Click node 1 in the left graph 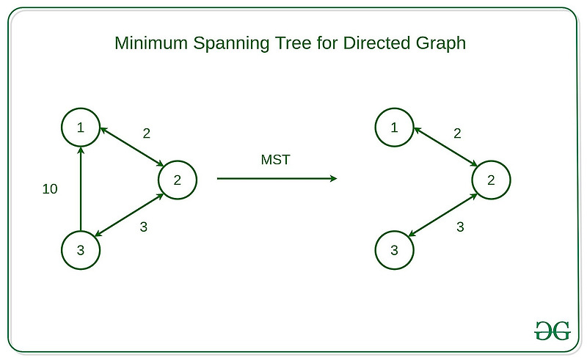(81, 128)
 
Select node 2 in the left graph (177, 179)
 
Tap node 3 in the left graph (81, 250)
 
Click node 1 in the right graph (395, 128)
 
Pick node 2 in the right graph (491, 179)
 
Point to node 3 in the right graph (395, 250)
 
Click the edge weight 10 (50, 189)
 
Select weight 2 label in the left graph (146, 133)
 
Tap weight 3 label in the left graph (144, 227)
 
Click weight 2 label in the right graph (458, 133)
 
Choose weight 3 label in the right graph (460, 227)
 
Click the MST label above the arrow (276, 160)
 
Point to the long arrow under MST (277, 179)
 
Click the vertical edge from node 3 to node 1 (81, 188)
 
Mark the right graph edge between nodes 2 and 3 (442, 215)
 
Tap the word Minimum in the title (146, 43)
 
